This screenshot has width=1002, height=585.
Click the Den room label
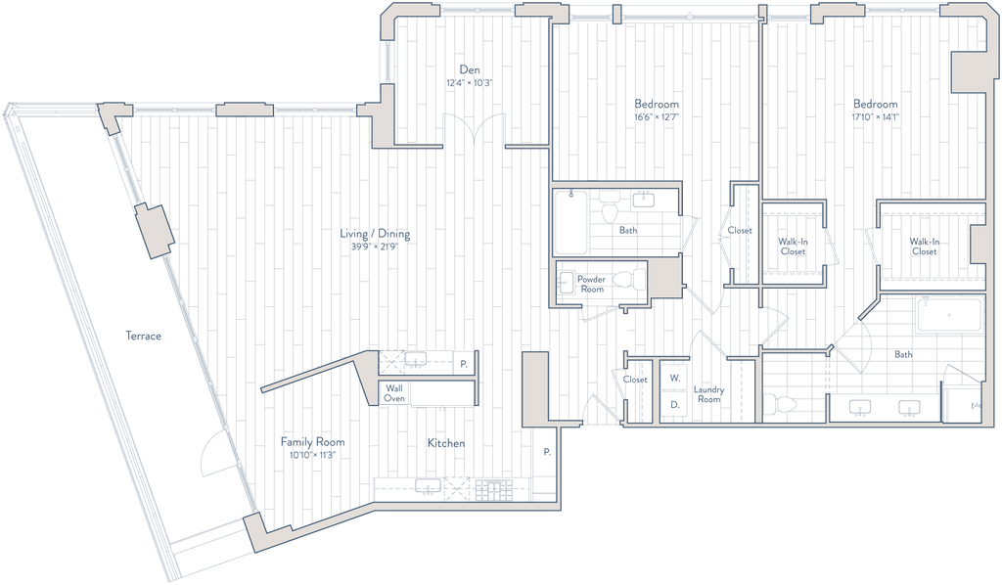(470, 69)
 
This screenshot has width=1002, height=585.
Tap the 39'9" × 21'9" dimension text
(375, 247)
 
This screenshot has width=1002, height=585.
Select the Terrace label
(143, 336)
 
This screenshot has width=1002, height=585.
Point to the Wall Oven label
(394, 392)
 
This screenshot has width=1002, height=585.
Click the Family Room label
(312, 442)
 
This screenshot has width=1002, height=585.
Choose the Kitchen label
(446, 442)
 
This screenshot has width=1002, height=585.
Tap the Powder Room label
(592, 285)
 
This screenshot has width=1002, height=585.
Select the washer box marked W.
(674, 378)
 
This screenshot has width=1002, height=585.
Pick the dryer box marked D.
(674, 405)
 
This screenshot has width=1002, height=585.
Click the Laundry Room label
(708, 394)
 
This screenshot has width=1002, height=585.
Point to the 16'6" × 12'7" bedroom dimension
(657, 117)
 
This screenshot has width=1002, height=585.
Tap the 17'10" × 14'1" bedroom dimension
(876, 117)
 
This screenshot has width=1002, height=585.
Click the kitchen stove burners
(494, 490)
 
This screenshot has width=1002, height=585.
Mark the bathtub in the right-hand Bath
(949, 315)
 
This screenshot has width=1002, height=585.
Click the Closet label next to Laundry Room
(635, 380)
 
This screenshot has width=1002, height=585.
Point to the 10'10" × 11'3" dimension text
(312, 455)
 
